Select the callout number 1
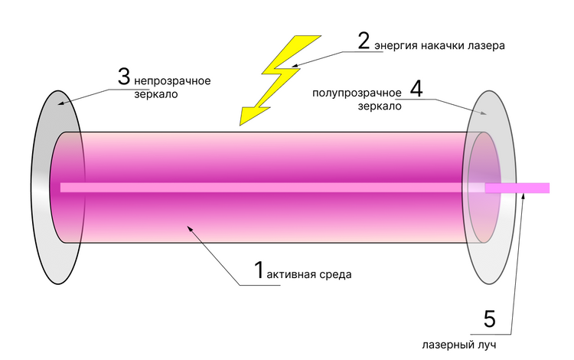[259, 270]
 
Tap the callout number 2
[364, 41]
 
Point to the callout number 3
[124, 77]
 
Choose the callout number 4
[416, 88]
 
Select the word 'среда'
[338, 274]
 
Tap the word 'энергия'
[396, 46]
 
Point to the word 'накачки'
[443, 46]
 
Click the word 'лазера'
[488, 46]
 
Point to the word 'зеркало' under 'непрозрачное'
[155, 96]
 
